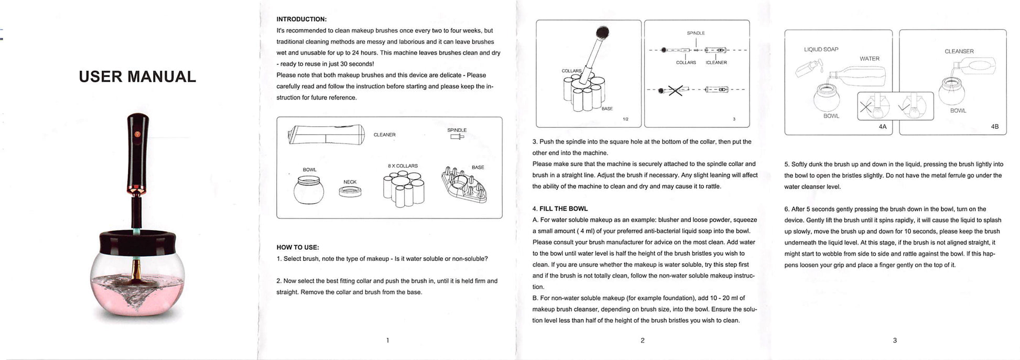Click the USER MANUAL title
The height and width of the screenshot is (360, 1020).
(x=137, y=77)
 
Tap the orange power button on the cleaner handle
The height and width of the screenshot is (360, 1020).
(x=138, y=134)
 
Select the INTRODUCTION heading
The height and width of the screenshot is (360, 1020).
(x=301, y=19)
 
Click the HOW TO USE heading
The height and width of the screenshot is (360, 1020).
(x=298, y=247)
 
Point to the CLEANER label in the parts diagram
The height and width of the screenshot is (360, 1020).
(x=384, y=135)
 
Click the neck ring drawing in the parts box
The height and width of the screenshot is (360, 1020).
(x=350, y=191)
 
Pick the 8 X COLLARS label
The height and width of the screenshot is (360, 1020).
(x=403, y=166)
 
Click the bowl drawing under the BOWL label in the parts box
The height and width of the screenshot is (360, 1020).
(x=309, y=190)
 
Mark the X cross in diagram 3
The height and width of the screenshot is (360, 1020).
(x=675, y=90)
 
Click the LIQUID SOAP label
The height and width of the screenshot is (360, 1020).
(x=821, y=50)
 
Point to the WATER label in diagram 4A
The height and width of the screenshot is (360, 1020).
(x=870, y=59)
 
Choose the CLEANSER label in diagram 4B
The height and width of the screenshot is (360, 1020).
(x=959, y=51)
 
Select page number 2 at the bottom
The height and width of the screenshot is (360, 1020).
(x=642, y=341)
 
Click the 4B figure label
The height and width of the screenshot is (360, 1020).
(x=995, y=127)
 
